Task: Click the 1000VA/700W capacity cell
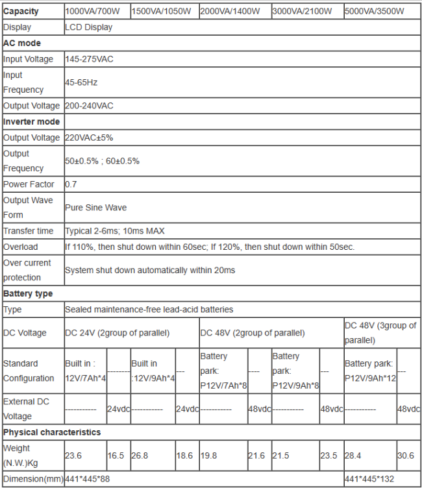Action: [96, 12]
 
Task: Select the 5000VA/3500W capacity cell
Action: [374, 12]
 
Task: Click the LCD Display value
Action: [89, 27]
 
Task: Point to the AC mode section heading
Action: [22, 43]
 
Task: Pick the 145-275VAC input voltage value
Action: [90, 59]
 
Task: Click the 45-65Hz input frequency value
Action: [81, 82]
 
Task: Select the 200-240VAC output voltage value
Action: [90, 106]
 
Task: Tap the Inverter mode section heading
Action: [32, 121]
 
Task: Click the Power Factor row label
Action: [29, 184]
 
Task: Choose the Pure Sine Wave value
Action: [95, 208]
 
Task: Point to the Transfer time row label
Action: [29, 231]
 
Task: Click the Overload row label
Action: [21, 247]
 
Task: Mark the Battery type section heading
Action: [28, 293]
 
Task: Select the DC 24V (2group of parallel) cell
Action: [117, 333]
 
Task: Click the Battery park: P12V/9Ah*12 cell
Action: [369, 371]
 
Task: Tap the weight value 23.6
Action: [73, 456]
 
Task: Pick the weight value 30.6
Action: [406, 456]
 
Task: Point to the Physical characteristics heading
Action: [52, 432]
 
